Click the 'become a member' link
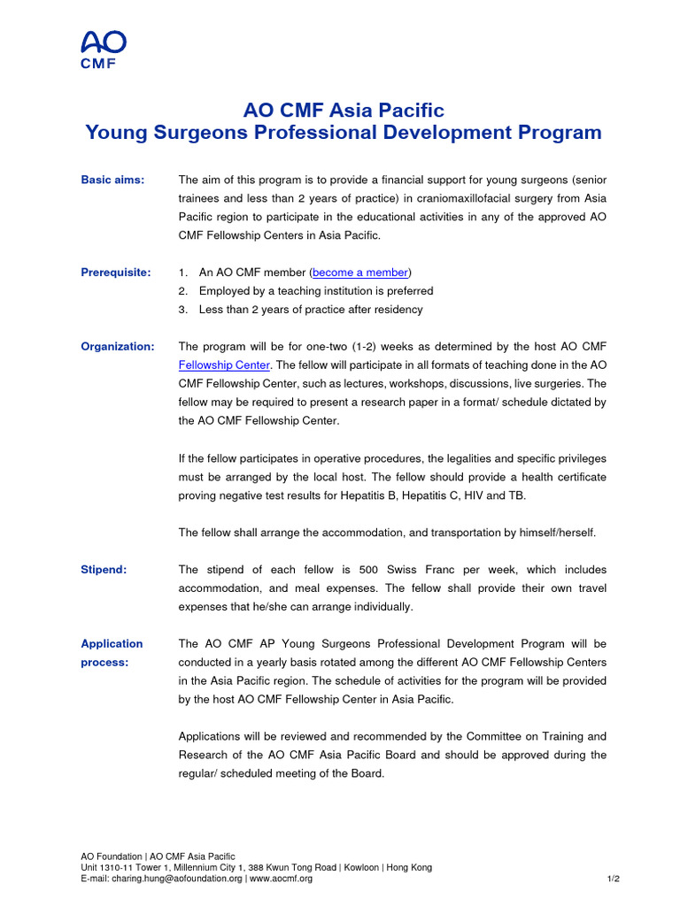click(x=360, y=273)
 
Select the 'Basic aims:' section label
click(x=112, y=180)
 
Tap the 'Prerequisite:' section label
click(x=115, y=273)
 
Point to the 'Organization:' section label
click(x=118, y=346)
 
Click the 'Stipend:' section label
click(x=104, y=570)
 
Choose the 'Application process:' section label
click(x=112, y=653)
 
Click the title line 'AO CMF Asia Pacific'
click(x=343, y=111)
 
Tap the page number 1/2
click(x=613, y=879)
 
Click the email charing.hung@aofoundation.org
click(x=175, y=879)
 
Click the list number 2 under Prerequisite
click(x=182, y=291)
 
